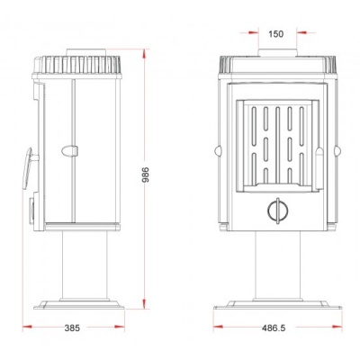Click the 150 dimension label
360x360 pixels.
pyautogui.click(x=275, y=34)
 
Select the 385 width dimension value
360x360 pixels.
pyautogui.click(x=72, y=328)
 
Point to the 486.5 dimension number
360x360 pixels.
pyautogui.click(x=274, y=328)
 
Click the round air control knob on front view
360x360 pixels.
pyautogui.click(x=278, y=211)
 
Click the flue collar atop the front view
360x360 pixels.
pyautogui.click(x=277, y=53)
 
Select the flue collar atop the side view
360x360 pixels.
pyautogui.click(x=86, y=52)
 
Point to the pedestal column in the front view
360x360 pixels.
pyautogui.click(x=277, y=265)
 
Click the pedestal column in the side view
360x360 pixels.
pyautogui.click(x=85, y=265)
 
